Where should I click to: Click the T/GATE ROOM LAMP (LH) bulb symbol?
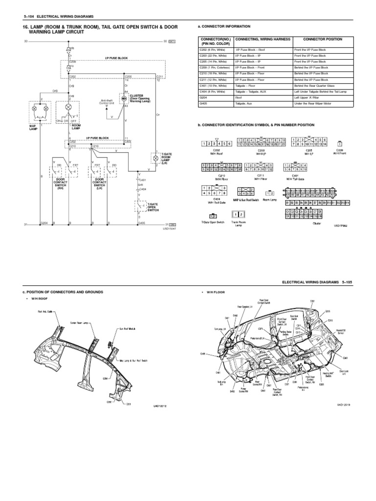pos(156,159)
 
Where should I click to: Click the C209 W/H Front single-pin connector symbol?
pos(340,144)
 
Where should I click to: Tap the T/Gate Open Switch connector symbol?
pos(212,215)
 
